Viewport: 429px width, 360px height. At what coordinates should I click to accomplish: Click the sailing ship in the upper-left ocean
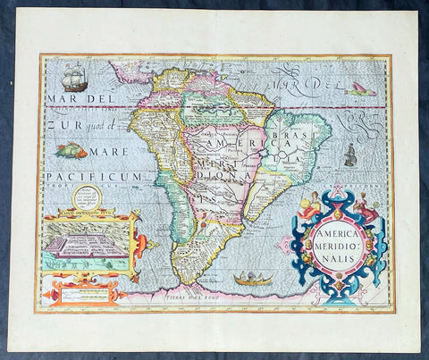tap(75, 75)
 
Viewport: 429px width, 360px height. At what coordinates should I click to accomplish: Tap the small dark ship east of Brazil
tap(350, 155)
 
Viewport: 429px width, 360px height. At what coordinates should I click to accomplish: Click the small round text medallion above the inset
tap(88, 197)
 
